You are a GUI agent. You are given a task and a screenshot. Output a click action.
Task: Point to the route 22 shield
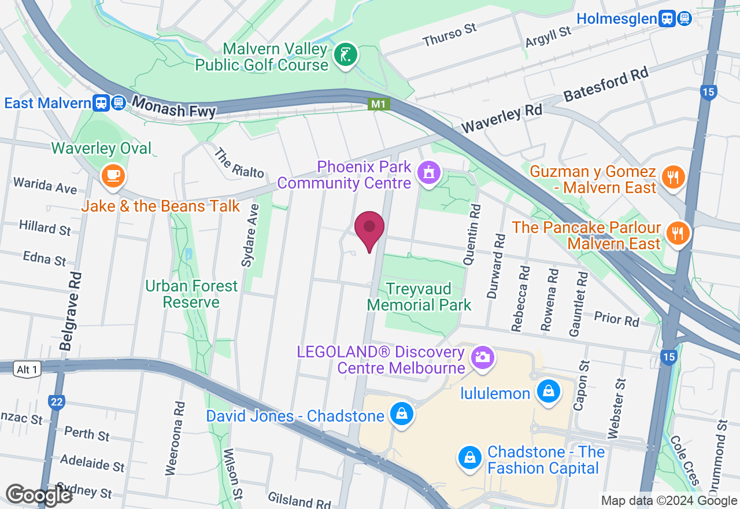(56, 402)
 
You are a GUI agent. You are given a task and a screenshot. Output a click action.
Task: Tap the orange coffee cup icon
(113, 175)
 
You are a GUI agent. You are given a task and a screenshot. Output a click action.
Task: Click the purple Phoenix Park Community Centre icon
(429, 173)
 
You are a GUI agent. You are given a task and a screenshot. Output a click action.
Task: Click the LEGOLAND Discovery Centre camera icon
(482, 356)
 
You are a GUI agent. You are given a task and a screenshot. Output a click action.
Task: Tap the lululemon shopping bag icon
(547, 392)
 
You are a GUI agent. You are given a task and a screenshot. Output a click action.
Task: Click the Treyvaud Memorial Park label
(419, 296)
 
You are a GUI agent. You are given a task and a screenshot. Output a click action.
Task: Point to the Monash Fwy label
(173, 108)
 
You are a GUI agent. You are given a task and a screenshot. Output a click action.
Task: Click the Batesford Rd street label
(606, 86)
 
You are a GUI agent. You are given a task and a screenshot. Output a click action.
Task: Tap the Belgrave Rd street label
(69, 312)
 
